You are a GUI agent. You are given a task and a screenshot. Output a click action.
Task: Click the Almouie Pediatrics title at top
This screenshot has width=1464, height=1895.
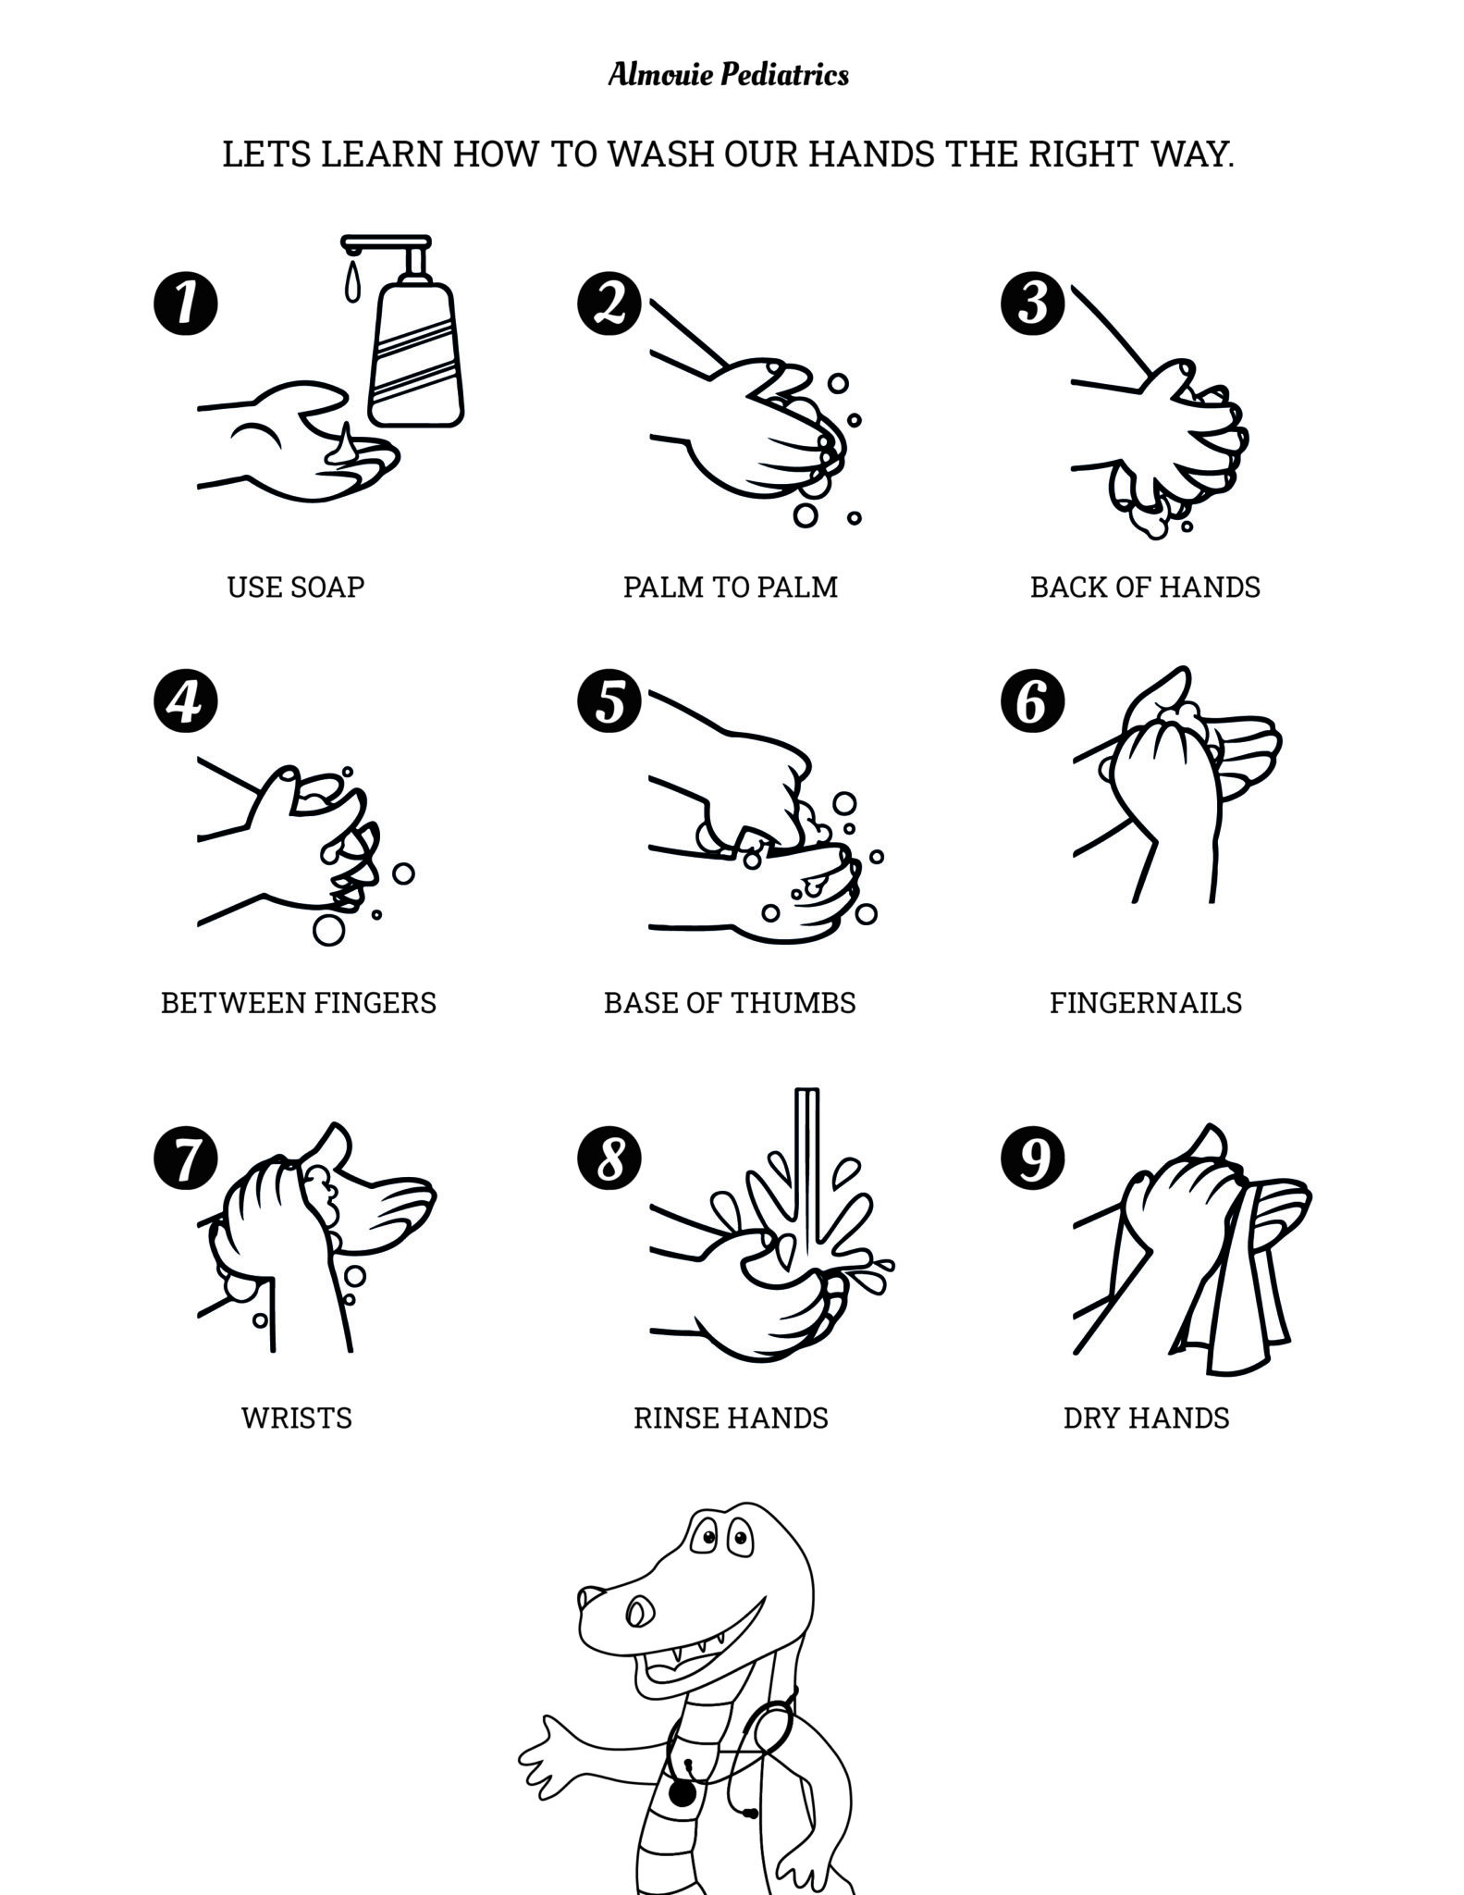pyautogui.click(x=729, y=74)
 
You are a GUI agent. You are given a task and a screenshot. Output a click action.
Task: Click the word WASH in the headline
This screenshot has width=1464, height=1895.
pyautogui.click(x=661, y=155)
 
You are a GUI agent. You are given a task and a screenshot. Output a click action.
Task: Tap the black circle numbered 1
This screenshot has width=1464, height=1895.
pyautogui.click(x=185, y=303)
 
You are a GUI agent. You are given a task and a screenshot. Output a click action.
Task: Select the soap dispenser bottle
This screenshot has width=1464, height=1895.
pyautogui.click(x=415, y=356)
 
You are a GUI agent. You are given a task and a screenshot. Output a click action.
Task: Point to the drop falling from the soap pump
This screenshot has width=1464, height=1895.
pyautogui.click(x=351, y=282)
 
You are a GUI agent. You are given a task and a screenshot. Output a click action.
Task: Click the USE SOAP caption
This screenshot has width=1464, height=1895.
pyautogui.click(x=296, y=587)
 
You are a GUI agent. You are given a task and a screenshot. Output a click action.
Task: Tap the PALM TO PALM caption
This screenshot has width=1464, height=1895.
pyautogui.click(x=730, y=587)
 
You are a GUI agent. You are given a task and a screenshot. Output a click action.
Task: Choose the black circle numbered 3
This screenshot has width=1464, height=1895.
pyautogui.click(x=1032, y=303)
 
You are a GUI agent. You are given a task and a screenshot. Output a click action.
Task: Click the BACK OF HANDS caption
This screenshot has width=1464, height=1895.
pyautogui.click(x=1145, y=587)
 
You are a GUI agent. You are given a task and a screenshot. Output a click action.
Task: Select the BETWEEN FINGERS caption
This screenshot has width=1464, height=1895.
pyautogui.click(x=298, y=1002)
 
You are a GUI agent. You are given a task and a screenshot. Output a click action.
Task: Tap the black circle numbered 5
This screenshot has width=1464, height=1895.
pyautogui.click(x=609, y=700)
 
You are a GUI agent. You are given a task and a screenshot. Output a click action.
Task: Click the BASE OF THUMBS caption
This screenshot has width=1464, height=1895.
pyautogui.click(x=730, y=1002)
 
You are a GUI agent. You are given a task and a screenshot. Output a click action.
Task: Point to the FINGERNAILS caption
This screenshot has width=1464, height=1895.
pyautogui.click(x=1145, y=1002)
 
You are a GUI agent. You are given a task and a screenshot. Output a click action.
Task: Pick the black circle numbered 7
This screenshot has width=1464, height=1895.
pyautogui.click(x=185, y=1158)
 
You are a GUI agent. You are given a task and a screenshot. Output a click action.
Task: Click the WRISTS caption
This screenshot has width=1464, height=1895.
pyautogui.click(x=296, y=1418)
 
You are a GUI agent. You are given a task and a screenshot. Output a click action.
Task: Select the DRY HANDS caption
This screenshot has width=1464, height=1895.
pyautogui.click(x=1146, y=1418)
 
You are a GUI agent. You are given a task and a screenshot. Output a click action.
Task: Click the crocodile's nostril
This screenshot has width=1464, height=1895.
pyautogui.click(x=589, y=1597)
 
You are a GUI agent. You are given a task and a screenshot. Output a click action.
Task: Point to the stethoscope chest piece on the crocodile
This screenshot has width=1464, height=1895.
pyautogui.click(x=682, y=1794)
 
